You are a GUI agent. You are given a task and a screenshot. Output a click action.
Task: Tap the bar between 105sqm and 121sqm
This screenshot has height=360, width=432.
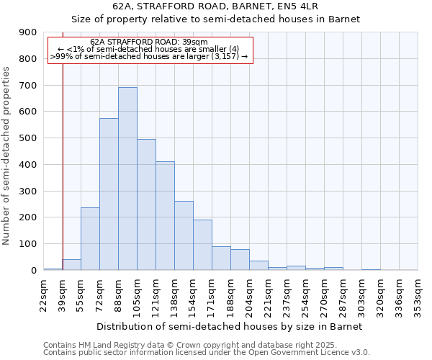[x=146, y=204]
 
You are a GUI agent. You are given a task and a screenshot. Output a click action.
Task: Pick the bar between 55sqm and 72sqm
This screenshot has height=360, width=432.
[x=90, y=238]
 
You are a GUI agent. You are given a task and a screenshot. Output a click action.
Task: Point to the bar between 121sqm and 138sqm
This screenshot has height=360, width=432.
[x=165, y=215]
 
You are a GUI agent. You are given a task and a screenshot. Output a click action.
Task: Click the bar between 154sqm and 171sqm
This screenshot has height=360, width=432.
[x=202, y=245]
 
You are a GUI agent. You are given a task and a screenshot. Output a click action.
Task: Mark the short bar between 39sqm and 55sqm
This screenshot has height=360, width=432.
[x=71, y=264]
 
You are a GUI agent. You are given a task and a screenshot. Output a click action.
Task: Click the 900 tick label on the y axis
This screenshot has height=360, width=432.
[x=27, y=32]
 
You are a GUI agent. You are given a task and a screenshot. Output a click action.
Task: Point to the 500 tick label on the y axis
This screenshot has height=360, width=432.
[x=27, y=138]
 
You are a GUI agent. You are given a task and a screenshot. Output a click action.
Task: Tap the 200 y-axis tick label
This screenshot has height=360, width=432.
[x=27, y=217]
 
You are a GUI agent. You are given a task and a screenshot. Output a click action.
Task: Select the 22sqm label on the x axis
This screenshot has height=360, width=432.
[x=44, y=294]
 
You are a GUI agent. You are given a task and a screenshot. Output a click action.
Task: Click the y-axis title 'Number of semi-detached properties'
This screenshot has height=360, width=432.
[x=7, y=156]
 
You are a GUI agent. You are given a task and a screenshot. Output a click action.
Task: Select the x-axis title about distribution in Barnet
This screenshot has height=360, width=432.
[x=230, y=326]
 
